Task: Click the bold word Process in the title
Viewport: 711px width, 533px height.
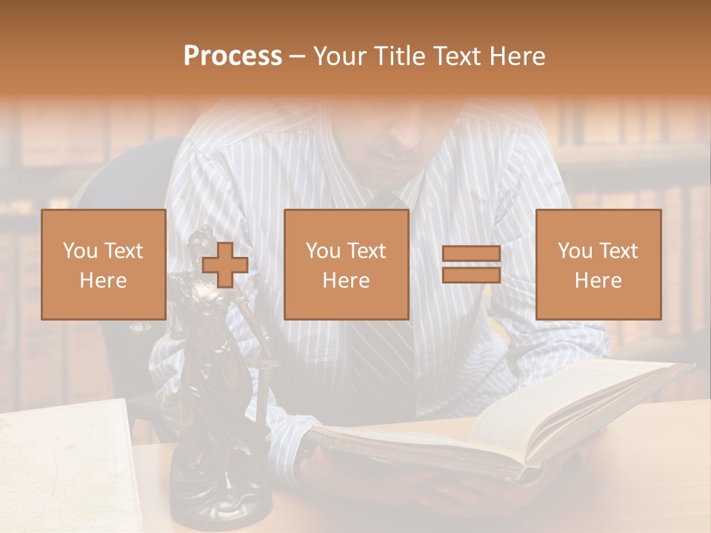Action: pyautogui.click(x=233, y=56)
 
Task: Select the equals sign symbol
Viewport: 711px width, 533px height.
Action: pyautogui.click(x=471, y=264)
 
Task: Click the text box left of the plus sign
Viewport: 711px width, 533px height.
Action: pyautogui.click(x=104, y=264)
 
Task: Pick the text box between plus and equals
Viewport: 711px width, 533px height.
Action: pyautogui.click(x=346, y=264)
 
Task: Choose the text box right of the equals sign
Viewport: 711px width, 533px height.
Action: pyautogui.click(x=598, y=264)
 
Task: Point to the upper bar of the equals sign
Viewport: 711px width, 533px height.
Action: pyautogui.click(x=471, y=254)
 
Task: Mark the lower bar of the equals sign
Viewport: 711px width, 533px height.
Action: pyautogui.click(x=471, y=275)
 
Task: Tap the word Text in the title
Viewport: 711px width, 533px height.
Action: pyautogui.click(x=458, y=56)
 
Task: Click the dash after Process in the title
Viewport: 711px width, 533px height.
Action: pyautogui.click(x=297, y=56)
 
